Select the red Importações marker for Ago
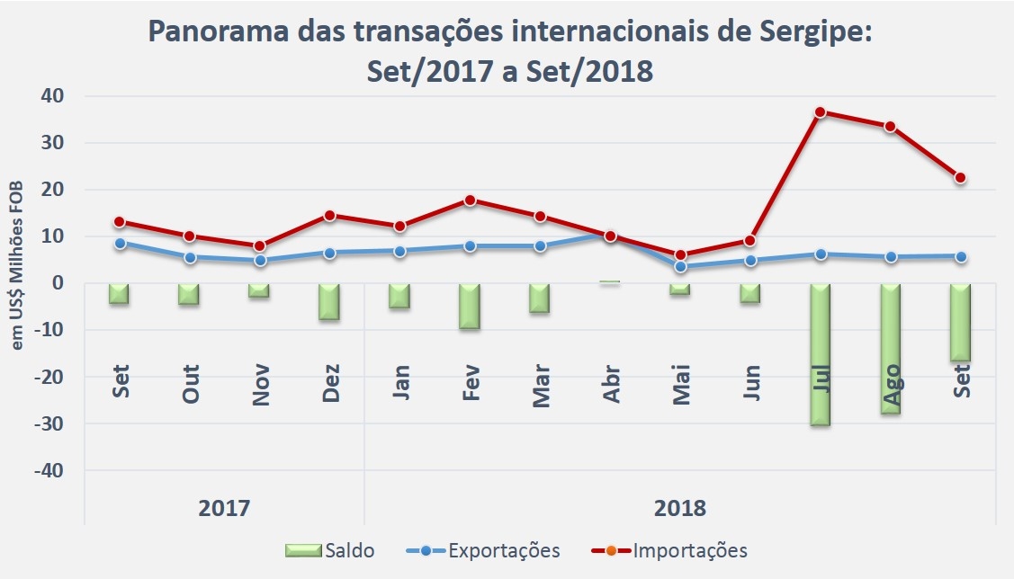point(891,127)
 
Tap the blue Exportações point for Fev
point(470,245)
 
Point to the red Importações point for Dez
point(330,216)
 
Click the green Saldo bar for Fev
point(470,306)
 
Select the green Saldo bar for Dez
point(330,301)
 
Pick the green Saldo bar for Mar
point(540,298)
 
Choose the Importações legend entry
point(669,550)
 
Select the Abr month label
point(612,387)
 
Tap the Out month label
point(190,384)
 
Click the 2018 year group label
point(680,508)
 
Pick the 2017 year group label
point(224,508)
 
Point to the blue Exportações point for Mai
point(681,267)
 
